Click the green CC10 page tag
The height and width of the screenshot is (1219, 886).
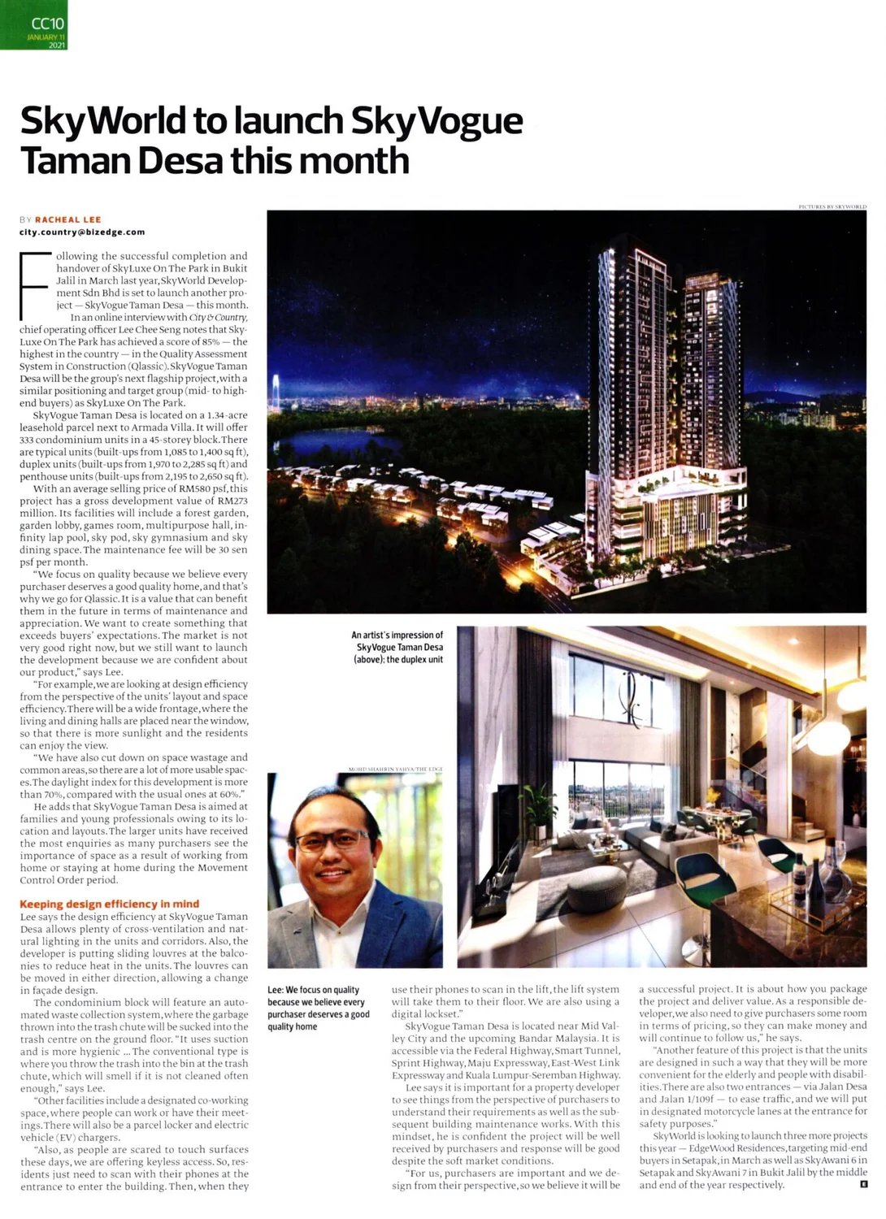pyautogui.click(x=33, y=24)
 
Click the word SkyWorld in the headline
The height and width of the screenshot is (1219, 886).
pyautogui.click(x=102, y=120)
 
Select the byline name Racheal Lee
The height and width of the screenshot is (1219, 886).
pyautogui.click(x=68, y=219)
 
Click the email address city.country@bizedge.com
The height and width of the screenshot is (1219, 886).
pyautogui.click(x=82, y=232)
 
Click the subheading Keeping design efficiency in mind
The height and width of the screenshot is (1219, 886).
pyautogui.click(x=109, y=904)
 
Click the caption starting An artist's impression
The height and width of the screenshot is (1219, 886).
pyautogui.click(x=397, y=647)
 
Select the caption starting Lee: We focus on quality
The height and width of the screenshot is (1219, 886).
pyautogui.click(x=318, y=1008)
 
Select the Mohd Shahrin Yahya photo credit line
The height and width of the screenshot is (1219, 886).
pyautogui.click(x=395, y=768)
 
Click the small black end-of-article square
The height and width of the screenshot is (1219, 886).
pyautogui.click(x=862, y=1184)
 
